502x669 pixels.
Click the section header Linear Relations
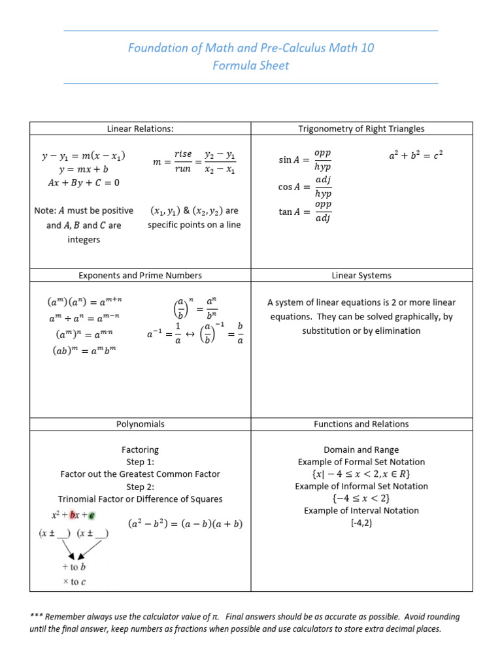point(140,129)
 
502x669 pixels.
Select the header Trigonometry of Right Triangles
point(361,129)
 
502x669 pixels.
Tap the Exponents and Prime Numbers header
point(140,275)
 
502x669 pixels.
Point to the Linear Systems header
point(361,275)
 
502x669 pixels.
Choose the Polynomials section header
point(140,424)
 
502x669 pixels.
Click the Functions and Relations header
point(361,424)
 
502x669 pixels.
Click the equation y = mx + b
point(84,170)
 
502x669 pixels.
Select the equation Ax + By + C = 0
point(84,183)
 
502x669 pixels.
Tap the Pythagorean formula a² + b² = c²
point(415,156)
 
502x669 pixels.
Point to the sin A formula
point(305,159)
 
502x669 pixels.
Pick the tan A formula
point(305,212)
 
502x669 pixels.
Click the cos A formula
point(305,186)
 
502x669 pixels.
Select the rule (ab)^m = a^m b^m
point(84,350)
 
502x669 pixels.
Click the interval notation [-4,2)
point(361,523)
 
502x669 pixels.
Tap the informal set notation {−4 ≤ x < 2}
point(361,498)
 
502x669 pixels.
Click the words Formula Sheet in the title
point(250,65)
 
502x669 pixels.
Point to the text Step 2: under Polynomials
point(140,487)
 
